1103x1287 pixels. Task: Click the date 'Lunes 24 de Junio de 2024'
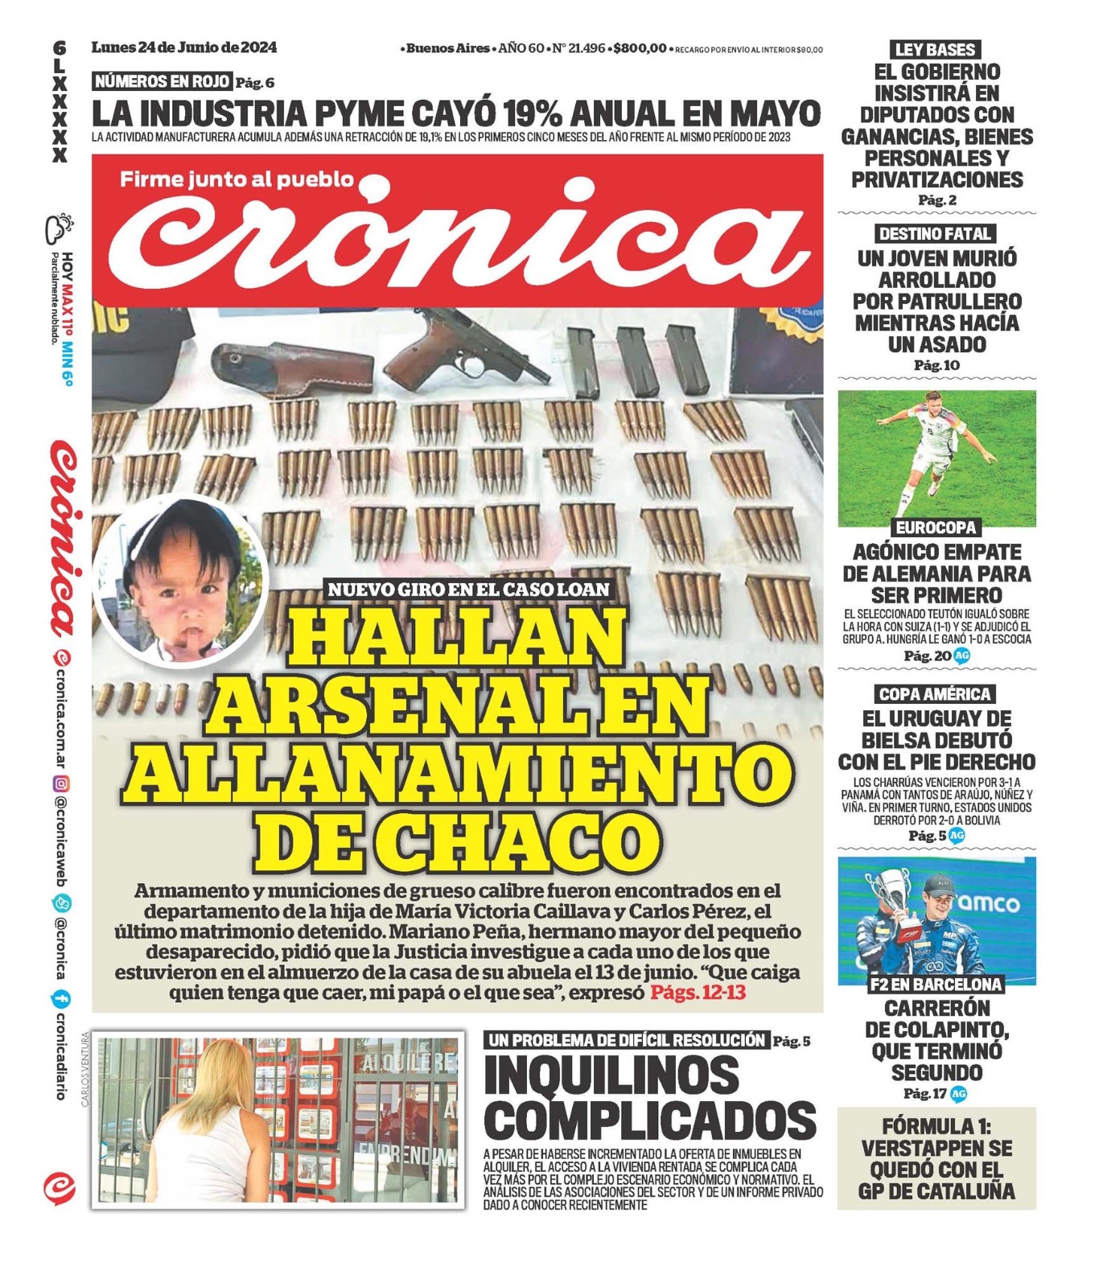[x=184, y=47]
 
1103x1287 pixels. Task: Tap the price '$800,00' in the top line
[x=640, y=48]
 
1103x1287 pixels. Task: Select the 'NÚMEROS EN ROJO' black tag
[x=162, y=81]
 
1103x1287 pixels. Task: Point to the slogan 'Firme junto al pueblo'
[x=237, y=179]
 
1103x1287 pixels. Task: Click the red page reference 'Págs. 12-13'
[x=698, y=993]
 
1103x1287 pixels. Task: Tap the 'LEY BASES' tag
[x=936, y=49]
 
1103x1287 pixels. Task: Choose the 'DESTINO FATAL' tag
[x=935, y=234]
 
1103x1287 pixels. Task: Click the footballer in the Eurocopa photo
[x=923, y=450]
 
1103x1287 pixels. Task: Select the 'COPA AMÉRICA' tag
[x=935, y=694]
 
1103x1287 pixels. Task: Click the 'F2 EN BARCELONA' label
[x=936, y=984]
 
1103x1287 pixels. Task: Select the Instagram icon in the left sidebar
[x=60, y=783]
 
